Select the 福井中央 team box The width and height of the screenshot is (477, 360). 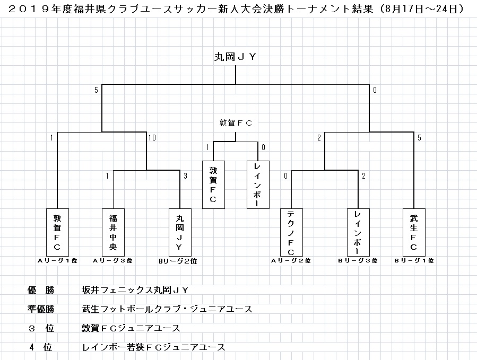pos(113,232)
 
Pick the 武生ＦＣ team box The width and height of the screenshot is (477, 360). pos(413,232)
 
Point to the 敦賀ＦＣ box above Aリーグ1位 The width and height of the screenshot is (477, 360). pos(57,232)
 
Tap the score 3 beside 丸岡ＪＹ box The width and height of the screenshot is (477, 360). pos(185,175)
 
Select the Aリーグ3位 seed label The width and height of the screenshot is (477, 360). pos(112,261)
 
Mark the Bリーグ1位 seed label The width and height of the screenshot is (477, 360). pos(414,261)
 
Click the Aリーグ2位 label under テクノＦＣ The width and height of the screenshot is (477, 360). pos(291,261)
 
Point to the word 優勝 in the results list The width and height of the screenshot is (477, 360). pos(41,290)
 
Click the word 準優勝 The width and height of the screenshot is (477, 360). pos(41,309)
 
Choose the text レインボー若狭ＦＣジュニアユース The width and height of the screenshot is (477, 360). pos(153,347)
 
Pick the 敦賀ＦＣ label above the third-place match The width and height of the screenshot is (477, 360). pos(236,123)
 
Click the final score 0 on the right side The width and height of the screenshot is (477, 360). pos(375,90)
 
